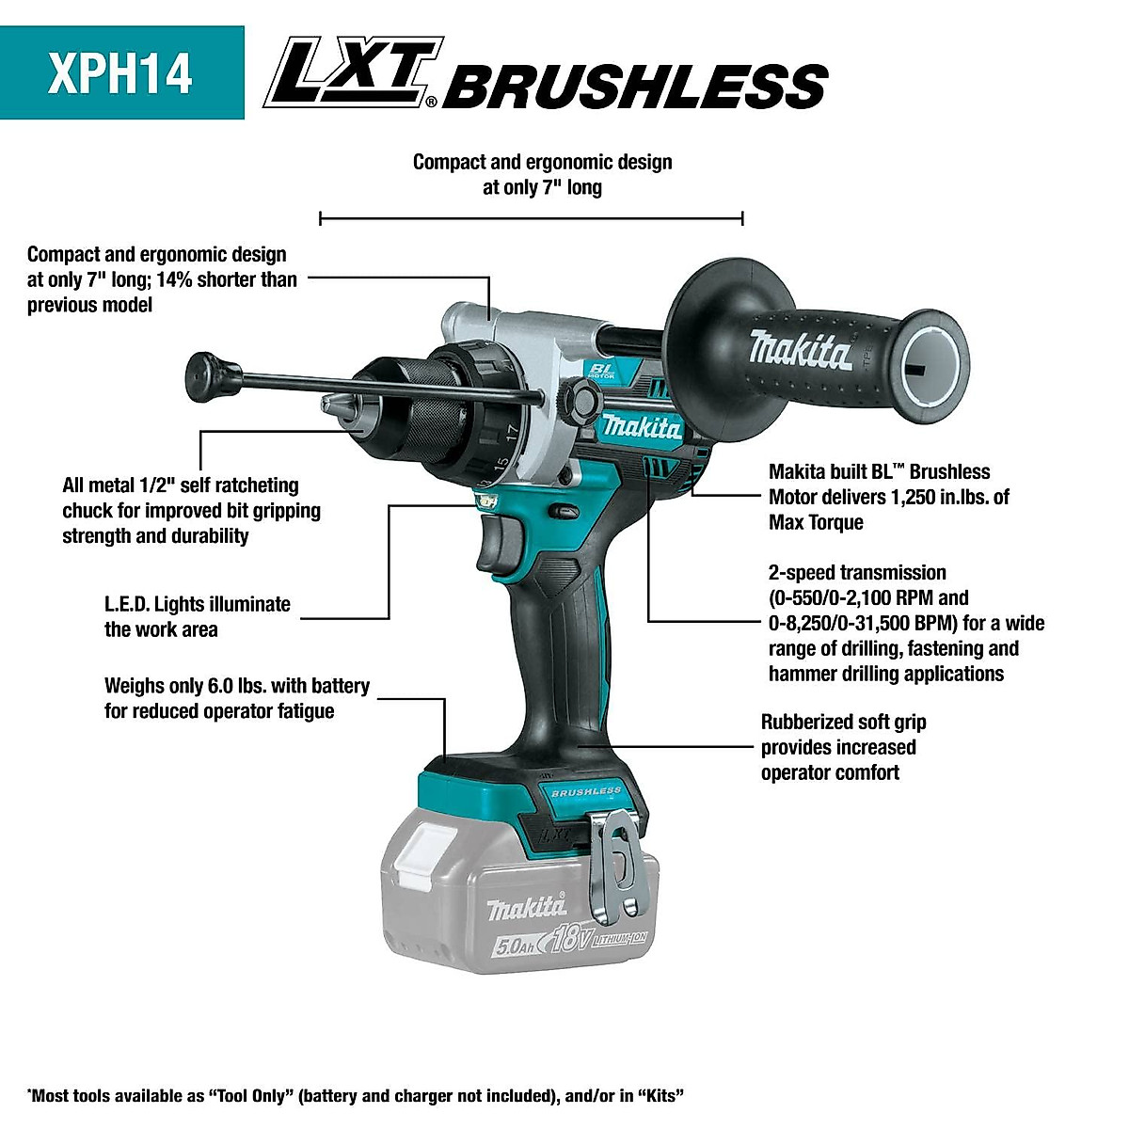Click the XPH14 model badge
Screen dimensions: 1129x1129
click(x=120, y=72)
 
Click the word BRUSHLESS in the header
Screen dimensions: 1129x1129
click(x=635, y=87)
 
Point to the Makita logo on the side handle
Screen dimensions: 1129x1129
click(x=801, y=350)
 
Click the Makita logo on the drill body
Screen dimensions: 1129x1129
click(x=642, y=428)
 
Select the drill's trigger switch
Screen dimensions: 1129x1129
click(x=496, y=546)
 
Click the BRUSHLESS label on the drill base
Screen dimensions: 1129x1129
click(x=586, y=792)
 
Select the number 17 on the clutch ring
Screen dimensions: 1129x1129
click(x=511, y=434)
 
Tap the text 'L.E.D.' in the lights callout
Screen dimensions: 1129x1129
click(x=126, y=604)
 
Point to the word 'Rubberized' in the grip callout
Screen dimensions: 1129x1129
click(x=801, y=722)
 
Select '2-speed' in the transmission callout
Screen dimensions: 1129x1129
click(x=802, y=572)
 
